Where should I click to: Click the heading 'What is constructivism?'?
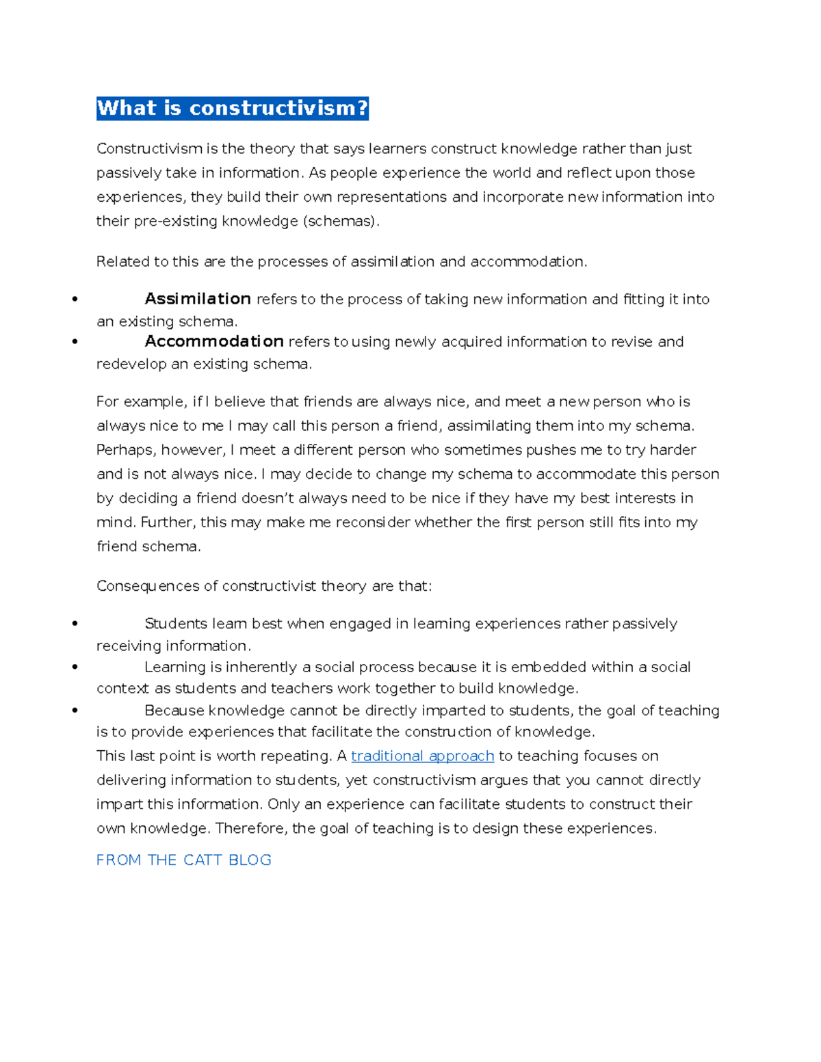coord(233,108)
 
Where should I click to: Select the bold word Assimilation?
coord(198,299)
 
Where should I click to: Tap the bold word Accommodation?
coord(214,341)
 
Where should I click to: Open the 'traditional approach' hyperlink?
coord(422,756)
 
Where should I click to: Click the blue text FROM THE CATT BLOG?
coord(184,860)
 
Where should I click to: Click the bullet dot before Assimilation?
coord(75,300)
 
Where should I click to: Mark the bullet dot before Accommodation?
coord(75,342)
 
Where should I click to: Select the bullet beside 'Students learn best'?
coord(75,624)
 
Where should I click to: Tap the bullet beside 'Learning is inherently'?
coord(75,667)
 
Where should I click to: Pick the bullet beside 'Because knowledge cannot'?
coord(75,711)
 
